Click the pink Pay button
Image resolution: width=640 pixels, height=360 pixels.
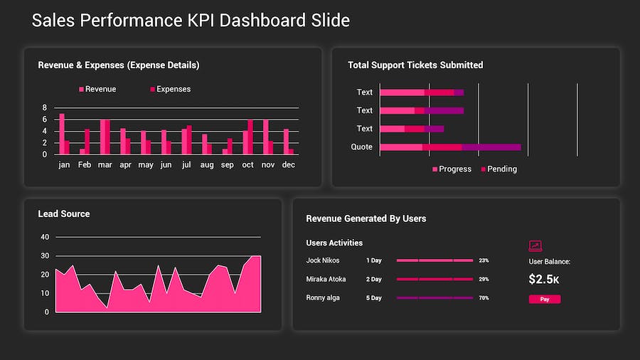click(544, 300)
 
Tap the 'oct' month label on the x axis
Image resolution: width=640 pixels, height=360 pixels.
click(247, 164)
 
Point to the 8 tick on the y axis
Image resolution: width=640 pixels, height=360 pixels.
click(44, 108)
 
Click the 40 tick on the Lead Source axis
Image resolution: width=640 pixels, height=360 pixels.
click(45, 237)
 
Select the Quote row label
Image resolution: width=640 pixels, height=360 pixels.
click(361, 147)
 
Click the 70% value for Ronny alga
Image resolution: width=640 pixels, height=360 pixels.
click(484, 298)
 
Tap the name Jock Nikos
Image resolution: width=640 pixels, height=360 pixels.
click(323, 260)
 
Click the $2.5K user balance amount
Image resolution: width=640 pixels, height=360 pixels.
click(544, 280)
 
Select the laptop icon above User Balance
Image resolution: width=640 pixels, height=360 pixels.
click(535, 246)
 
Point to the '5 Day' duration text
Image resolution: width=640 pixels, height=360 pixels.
click(373, 298)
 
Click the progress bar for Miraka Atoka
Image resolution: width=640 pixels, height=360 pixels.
click(434, 279)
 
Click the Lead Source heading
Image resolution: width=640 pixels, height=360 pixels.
click(64, 214)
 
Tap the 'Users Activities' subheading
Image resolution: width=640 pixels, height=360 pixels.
click(334, 243)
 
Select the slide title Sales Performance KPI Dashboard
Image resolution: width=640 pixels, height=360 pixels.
click(191, 21)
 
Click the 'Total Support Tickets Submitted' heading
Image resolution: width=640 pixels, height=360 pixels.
click(415, 65)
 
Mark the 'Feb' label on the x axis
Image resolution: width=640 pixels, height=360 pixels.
click(85, 164)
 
